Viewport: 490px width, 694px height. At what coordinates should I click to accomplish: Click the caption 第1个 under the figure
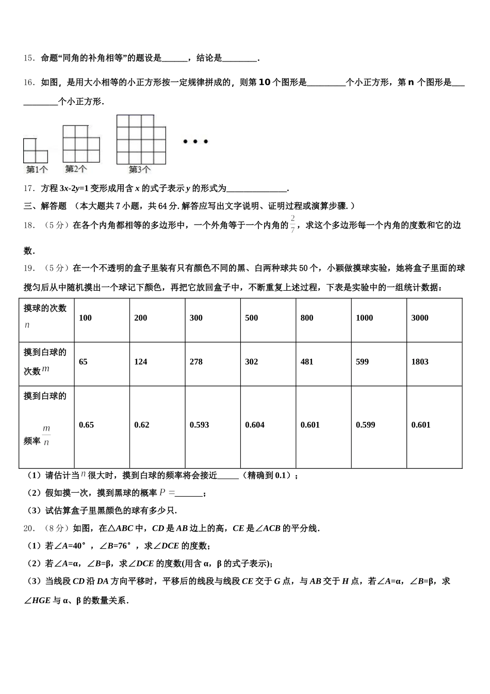(37, 169)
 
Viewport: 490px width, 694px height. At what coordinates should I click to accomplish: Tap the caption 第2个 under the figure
(76, 169)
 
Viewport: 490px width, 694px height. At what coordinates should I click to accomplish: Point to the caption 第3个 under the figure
(139, 169)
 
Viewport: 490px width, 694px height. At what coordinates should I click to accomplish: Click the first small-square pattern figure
(35, 150)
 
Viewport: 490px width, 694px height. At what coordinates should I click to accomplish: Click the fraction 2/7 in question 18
(293, 225)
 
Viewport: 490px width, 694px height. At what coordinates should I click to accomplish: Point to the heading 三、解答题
(45, 206)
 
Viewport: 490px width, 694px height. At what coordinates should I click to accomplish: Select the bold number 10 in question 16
(263, 82)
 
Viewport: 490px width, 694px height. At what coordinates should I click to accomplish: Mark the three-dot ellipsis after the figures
(195, 141)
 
